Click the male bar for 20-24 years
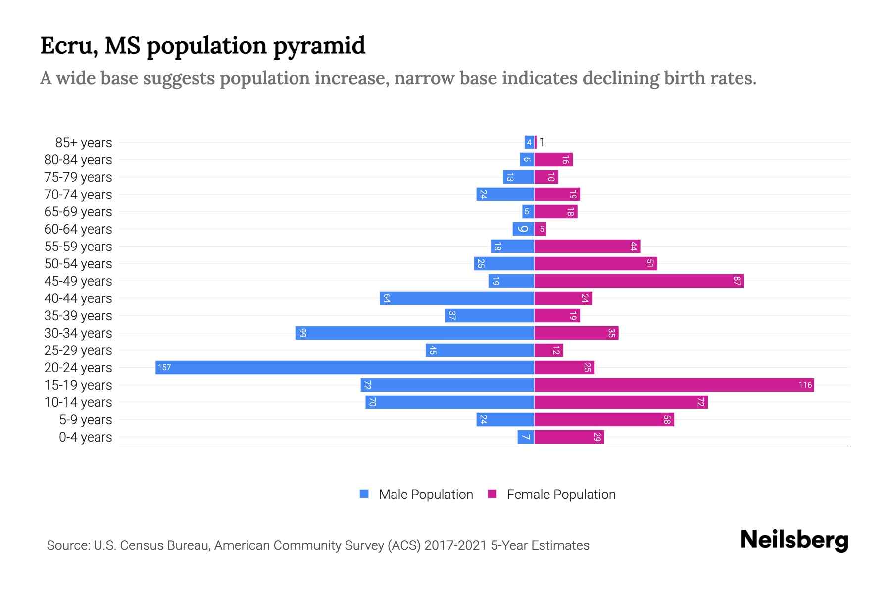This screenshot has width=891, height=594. click(x=345, y=367)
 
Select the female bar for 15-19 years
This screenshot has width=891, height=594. click(x=674, y=385)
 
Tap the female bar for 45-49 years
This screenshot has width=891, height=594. click(x=639, y=281)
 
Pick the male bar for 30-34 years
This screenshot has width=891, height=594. click(x=415, y=333)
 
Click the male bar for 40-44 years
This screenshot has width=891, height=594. click(x=457, y=298)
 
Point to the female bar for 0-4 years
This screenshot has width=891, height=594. click(x=569, y=437)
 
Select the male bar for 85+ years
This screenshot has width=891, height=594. click(x=529, y=142)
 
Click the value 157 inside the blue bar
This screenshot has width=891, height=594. click(x=164, y=367)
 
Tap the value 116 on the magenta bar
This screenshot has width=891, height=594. click(x=805, y=385)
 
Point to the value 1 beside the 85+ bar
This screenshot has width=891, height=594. click(x=542, y=142)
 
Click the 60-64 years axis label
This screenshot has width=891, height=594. click(x=78, y=229)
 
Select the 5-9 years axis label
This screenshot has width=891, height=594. click(x=85, y=420)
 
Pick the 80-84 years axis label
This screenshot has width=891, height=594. click(x=78, y=160)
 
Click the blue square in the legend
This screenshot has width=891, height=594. click(x=364, y=494)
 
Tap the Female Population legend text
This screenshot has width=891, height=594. click(x=561, y=494)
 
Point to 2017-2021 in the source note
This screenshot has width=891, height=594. click(x=455, y=545)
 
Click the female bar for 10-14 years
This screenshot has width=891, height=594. click(x=621, y=402)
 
